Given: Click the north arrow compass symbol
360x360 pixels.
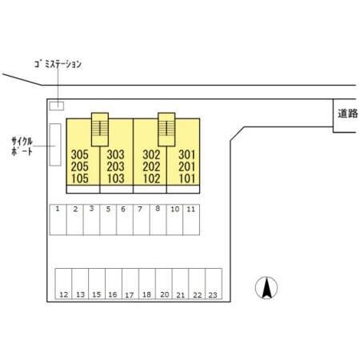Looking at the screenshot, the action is pos(266,288).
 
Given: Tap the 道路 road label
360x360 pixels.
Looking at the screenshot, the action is pos(348,114).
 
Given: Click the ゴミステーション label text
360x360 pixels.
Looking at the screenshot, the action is pos(58,64).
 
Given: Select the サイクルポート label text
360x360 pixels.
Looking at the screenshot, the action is pos(22,146).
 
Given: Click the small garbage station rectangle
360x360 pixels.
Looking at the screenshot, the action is pos(57,106).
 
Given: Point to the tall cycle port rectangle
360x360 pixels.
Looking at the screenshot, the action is pos(55,145).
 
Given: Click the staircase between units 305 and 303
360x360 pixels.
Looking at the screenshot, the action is pos(100,130).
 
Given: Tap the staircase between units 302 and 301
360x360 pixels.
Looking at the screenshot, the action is pos(166,130).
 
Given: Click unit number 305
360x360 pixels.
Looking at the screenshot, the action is pos(80,154).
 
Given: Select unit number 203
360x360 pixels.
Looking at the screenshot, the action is pos(116,166).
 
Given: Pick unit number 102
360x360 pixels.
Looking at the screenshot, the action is pos(151,178).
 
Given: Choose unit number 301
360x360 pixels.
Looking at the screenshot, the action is pos(187,154).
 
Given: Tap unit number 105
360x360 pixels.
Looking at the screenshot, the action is pos(80,178).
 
